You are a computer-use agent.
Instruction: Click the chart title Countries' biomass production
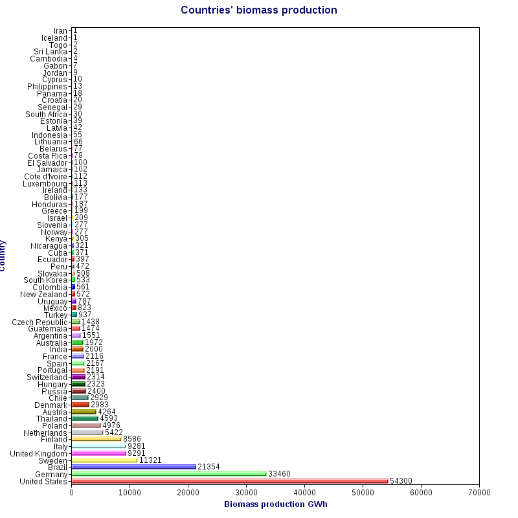[x=258, y=10]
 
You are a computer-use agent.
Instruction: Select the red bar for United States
[x=229, y=480]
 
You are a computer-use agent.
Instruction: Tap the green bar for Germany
[x=168, y=473]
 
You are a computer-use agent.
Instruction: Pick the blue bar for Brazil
[x=133, y=466]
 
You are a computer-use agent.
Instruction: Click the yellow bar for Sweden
[x=104, y=460]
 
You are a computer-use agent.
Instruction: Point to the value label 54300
[x=401, y=481]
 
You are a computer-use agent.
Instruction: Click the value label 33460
[x=279, y=474]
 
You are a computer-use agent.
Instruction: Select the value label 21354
[x=209, y=467]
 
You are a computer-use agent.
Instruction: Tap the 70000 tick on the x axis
[x=479, y=493]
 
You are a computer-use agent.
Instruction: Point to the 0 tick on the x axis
[x=71, y=493]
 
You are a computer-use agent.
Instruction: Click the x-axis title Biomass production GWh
[x=275, y=504]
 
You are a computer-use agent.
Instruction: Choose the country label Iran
[x=60, y=31]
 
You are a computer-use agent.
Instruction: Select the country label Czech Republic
[x=39, y=322]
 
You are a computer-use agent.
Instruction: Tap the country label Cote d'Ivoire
[x=45, y=176]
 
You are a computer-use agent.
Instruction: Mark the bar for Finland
[x=96, y=439]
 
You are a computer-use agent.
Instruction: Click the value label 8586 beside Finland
[x=132, y=439]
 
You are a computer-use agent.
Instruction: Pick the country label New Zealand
[x=43, y=294]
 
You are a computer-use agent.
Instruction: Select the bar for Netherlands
[x=87, y=432]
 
